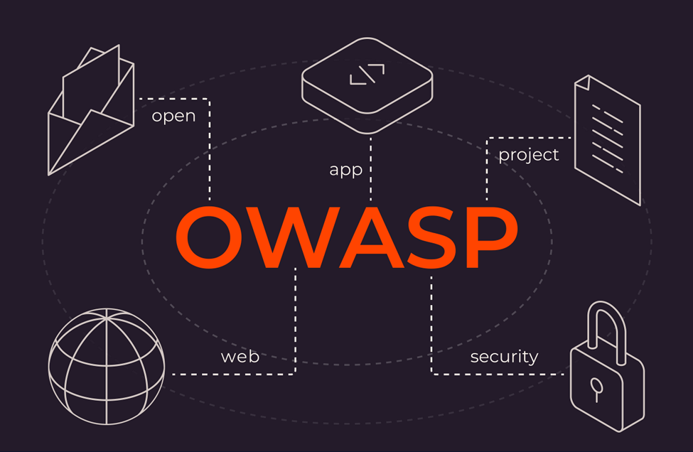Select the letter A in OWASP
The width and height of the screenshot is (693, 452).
[361, 238]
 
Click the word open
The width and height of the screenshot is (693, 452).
[173, 116]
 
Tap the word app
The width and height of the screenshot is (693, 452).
[346, 170]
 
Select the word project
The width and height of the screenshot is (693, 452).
[529, 154]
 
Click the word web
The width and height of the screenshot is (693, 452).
[240, 356]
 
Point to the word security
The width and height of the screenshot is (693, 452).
[504, 356]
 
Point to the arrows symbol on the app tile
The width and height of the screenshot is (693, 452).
[367, 74]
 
